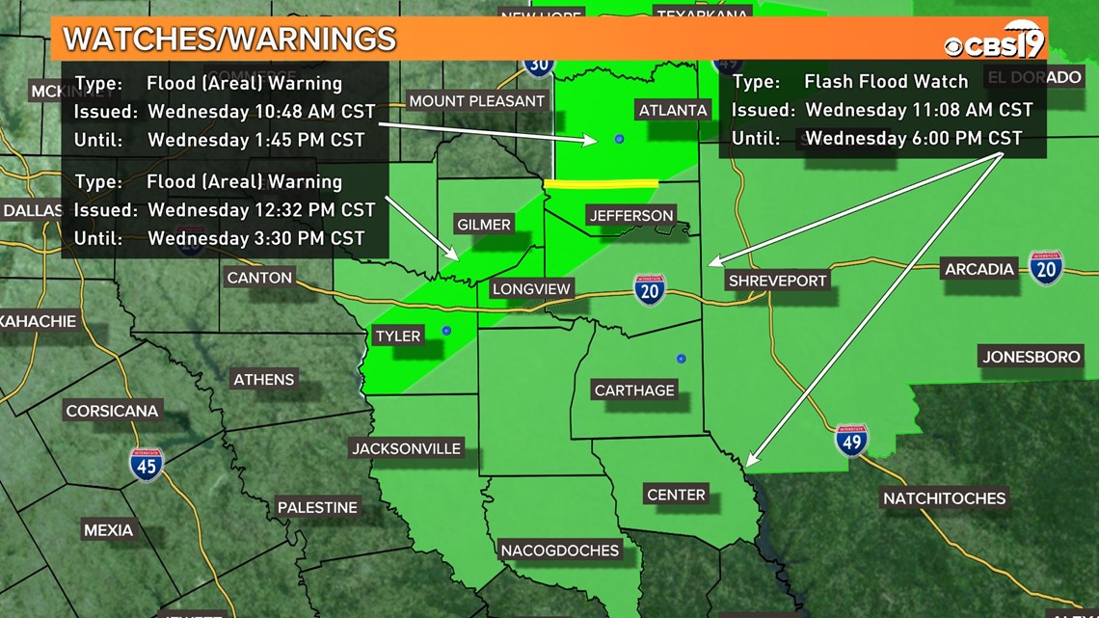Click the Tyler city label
tap(398, 336)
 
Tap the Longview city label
tap(531, 288)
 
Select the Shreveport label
tap(777, 281)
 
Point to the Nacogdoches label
tap(559, 551)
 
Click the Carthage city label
tap(634, 390)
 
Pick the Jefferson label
tap(630, 215)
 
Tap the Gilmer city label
tap(483, 225)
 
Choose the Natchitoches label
tap(944, 498)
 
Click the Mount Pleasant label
tap(477, 101)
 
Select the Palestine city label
tap(317, 507)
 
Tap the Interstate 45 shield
tap(147, 465)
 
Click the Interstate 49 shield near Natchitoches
tap(851, 440)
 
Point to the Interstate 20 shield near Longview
tap(650, 288)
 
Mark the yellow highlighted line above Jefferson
tap(601, 183)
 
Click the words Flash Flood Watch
tap(886, 81)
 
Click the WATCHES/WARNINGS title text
tap(229, 39)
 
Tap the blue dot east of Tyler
tap(446, 331)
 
